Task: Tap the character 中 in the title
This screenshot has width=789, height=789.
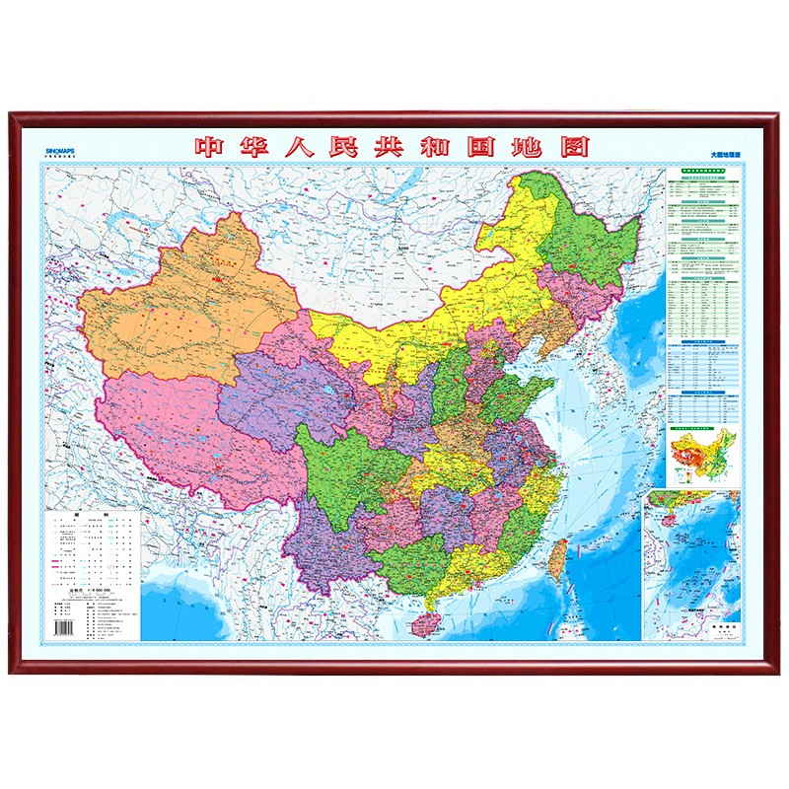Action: pos(210,147)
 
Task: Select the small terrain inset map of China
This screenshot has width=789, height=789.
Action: pos(701,457)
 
